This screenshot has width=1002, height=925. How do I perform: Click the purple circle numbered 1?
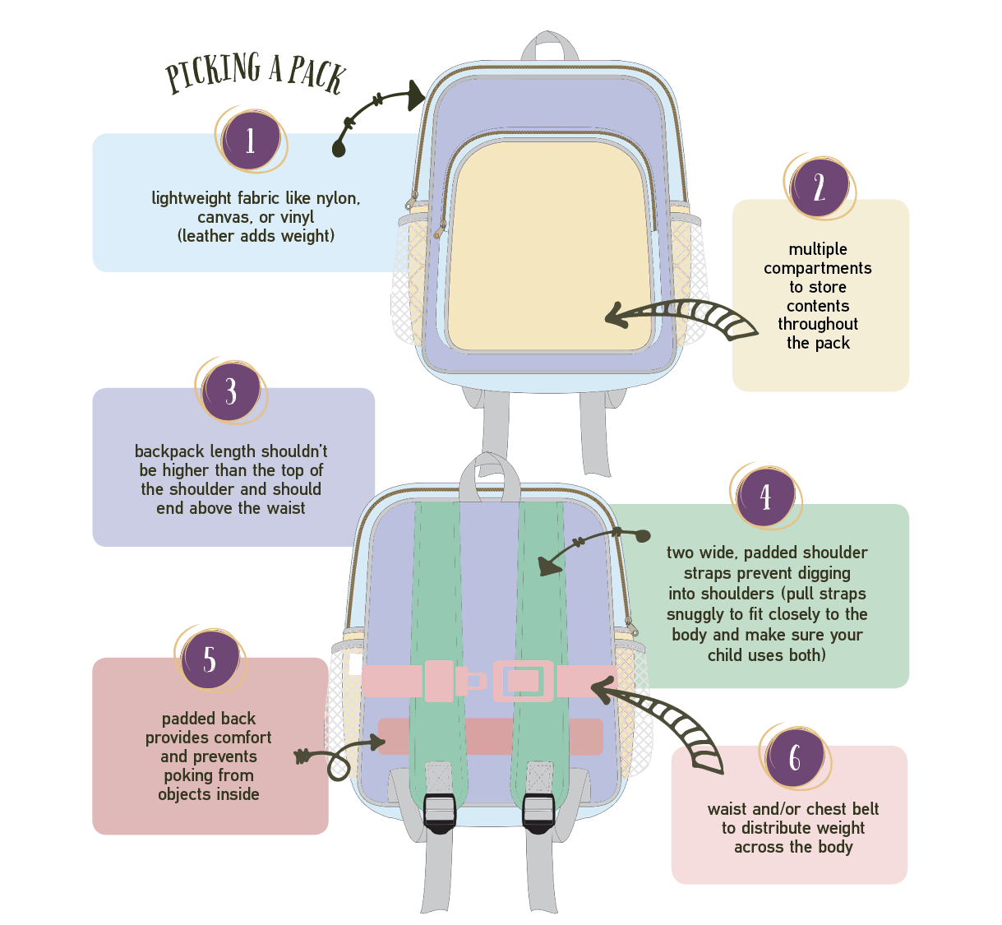pyautogui.click(x=251, y=141)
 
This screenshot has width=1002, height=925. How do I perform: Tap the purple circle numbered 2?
pyautogui.click(x=819, y=187)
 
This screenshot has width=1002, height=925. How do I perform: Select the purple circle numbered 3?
pyautogui.click(x=231, y=391)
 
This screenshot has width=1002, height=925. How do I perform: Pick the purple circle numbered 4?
pyautogui.click(x=765, y=497)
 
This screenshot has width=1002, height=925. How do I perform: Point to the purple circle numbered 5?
pyautogui.click(x=210, y=659)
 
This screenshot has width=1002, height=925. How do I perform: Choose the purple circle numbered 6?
pyautogui.click(x=794, y=758)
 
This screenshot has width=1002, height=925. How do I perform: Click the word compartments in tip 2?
pyautogui.click(x=817, y=268)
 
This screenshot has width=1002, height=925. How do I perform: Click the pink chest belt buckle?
pyautogui.click(x=523, y=681)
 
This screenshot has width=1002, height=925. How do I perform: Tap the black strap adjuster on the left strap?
pyautogui.click(x=440, y=812)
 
